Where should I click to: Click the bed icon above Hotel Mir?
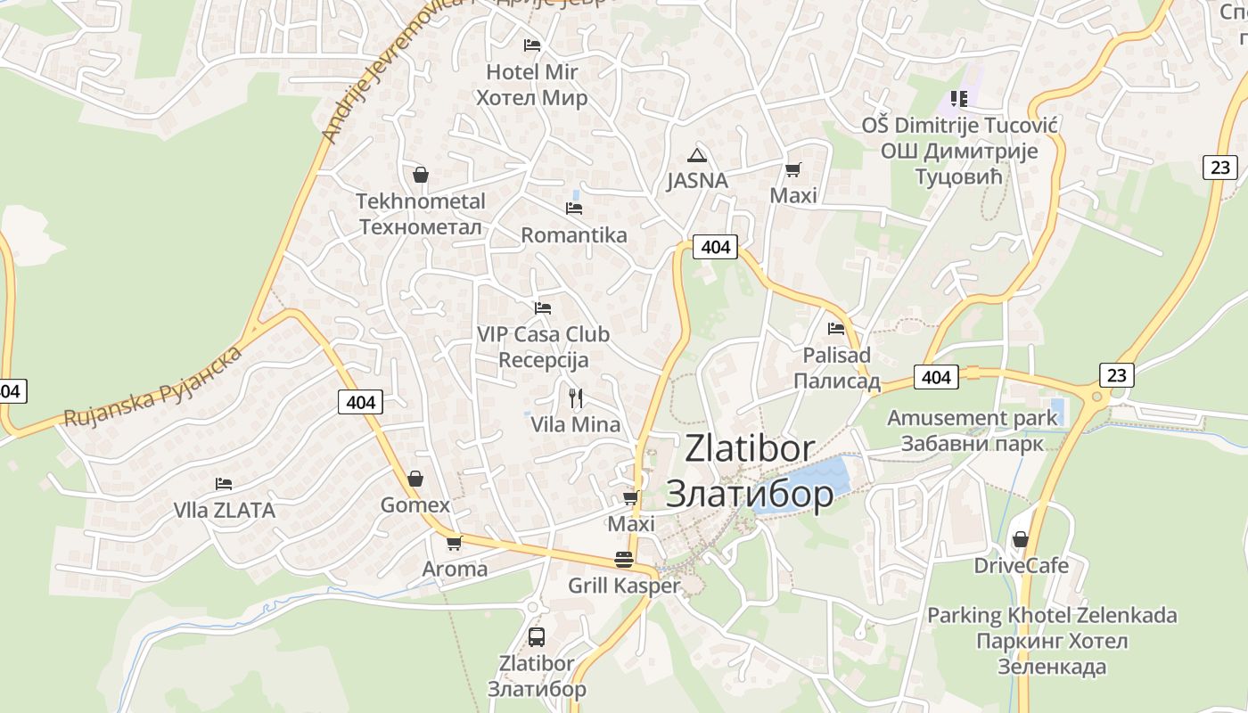coord(532,45)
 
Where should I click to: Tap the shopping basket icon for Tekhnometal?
coord(421,175)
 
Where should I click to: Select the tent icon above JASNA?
coord(697,155)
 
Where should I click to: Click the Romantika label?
coord(574,235)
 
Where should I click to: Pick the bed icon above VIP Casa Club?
coord(543,308)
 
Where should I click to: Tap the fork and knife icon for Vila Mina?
coord(576,397)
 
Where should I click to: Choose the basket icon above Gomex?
coord(415,479)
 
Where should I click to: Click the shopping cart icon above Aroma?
coord(455,542)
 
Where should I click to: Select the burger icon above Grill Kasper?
coord(624,560)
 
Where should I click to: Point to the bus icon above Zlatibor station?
coord(537,636)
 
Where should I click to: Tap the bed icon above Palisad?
coord(836,328)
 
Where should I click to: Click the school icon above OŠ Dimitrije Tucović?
coord(959,98)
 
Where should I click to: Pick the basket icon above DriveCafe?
coord(1021,539)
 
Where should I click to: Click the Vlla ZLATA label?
coord(225,511)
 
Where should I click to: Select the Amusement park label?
coord(973,418)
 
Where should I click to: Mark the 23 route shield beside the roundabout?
coord(1117,375)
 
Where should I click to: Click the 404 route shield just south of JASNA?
coord(716,247)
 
